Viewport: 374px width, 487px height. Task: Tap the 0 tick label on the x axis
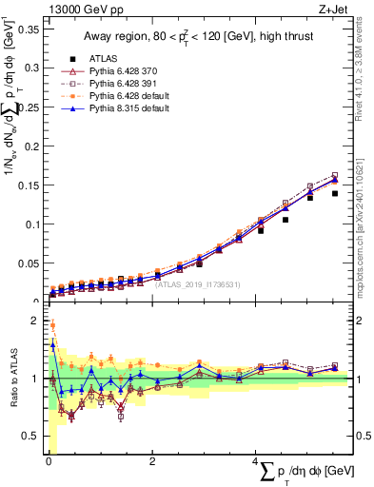tap(48, 463)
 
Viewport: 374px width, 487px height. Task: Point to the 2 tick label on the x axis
tap(152, 463)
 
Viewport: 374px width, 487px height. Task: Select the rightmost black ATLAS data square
tap(334, 193)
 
